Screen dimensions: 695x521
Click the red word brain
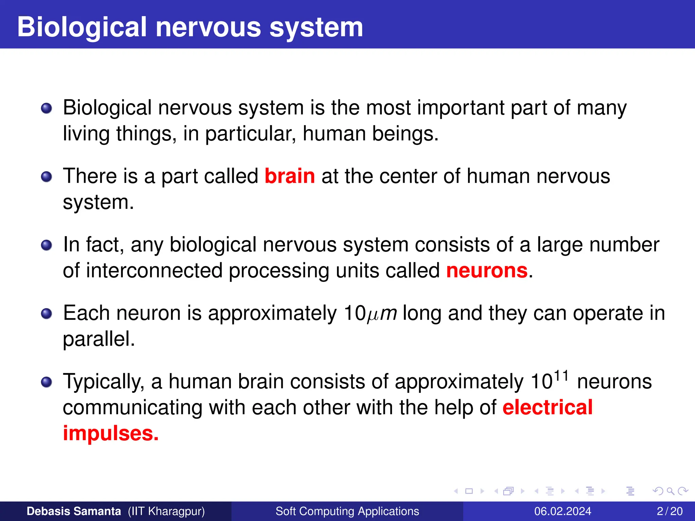[x=289, y=176]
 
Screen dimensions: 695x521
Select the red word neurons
[x=487, y=271]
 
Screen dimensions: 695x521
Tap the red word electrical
[x=547, y=407]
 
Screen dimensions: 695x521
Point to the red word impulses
[x=111, y=433]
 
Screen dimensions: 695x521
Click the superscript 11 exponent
[x=561, y=376]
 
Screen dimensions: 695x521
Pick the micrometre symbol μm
[x=382, y=313]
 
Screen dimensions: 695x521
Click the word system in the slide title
[x=316, y=27]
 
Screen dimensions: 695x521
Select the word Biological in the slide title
[x=82, y=27]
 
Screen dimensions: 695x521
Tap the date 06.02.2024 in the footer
[x=563, y=511]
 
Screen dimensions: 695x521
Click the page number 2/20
[x=670, y=511]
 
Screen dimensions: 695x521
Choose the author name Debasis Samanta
[x=74, y=511]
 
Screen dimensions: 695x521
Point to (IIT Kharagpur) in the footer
[x=166, y=511]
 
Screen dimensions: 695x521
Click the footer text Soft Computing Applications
[x=347, y=511]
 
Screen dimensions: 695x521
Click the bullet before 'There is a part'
[x=46, y=177]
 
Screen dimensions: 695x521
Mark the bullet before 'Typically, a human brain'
[x=46, y=382]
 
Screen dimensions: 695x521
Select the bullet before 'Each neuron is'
[x=46, y=313]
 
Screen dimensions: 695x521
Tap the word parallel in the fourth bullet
[x=99, y=339]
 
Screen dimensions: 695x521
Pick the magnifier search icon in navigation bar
[x=670, y=491]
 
